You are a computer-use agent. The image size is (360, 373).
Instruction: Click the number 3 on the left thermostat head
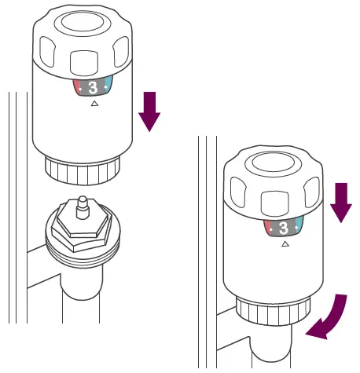tap(92, 87)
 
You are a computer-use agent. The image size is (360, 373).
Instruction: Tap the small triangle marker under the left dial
tap(94, 103)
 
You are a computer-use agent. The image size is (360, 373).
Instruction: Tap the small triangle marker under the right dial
tap(285, 244)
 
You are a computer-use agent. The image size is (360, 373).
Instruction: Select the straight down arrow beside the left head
tap(149, 110)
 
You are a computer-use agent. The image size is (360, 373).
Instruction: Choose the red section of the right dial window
tap(268, 228)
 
